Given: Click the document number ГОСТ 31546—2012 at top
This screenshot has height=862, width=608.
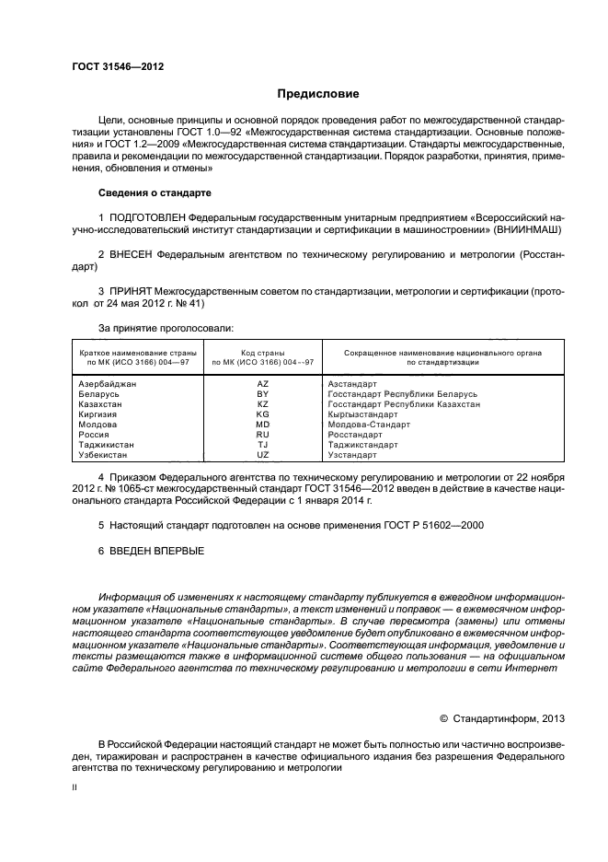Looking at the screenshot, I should pyautogui.click(x=112, y=67).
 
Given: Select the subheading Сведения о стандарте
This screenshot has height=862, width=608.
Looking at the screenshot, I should pyautogui.click(x=155, y=192).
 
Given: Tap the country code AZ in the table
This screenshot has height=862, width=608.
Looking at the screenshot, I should pyautogui.click(x=263, y=382).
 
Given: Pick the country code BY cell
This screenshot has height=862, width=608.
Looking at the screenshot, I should pyautogui.click(x=263, y=393).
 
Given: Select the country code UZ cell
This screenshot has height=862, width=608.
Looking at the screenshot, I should pyautogui.click(x=263, y=455).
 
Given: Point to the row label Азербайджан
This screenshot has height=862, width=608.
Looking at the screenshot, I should pyautogui.click(x=108, y=382).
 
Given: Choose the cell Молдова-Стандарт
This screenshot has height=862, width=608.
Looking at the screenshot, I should pyautogui.click(x=370, y=425).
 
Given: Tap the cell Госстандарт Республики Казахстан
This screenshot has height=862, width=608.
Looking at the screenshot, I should pyautogui.click(x=404, y=403).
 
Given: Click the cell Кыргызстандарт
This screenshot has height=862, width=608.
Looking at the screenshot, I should pyautogui.click(x=365, y=414).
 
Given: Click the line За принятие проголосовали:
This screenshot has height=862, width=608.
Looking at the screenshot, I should pyautogui.click(x=166, y=327).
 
